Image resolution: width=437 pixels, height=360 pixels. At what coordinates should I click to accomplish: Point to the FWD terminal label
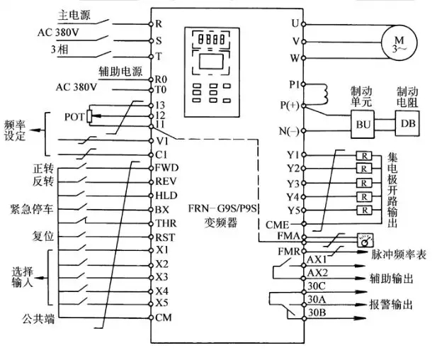166,168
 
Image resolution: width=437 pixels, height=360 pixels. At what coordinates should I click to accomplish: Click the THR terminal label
166,223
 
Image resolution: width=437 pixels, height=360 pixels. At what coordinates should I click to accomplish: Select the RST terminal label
165,236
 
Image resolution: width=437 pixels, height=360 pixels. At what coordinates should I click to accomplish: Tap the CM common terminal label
163,317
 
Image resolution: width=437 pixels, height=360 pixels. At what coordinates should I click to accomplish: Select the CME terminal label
277,224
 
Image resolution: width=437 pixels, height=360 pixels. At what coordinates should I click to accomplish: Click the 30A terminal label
316,299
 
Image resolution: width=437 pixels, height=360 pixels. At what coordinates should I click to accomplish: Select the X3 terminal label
161,276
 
